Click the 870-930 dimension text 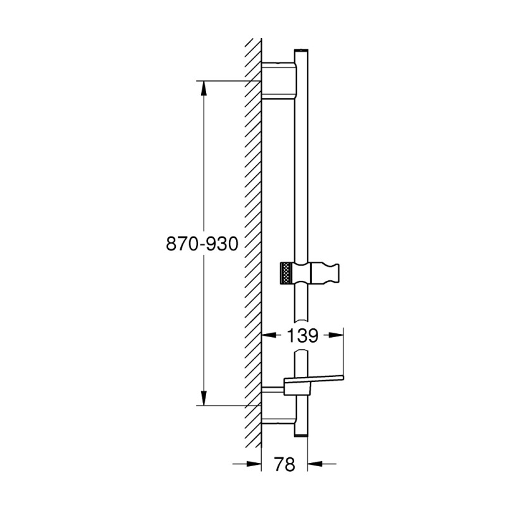[x=201, y=244]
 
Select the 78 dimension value [x=286, y=465]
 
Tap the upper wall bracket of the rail [x=278, y=80]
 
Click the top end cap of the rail [x=301, y=49]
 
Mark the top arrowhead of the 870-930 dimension [x=204, y=89]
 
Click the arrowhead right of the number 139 [x=336, y=336]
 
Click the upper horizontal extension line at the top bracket [x=228, y=80]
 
